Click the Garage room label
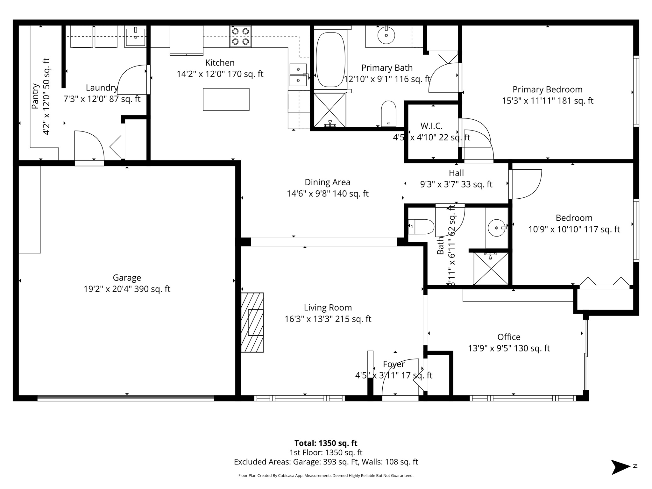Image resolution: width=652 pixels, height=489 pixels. (127, 278)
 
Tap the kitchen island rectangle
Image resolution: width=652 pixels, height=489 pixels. (226, 99)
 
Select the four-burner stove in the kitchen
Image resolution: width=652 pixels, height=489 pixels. (240, 36)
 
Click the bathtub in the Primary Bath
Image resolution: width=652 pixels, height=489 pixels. (330, 60)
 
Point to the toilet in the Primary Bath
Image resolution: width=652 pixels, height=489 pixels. (388, 114)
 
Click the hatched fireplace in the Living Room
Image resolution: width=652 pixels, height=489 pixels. (252, 322)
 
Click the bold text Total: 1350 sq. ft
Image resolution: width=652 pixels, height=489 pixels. (326, 443)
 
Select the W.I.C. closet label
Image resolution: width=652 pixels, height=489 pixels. (431, 126)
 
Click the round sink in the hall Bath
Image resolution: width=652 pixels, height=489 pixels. (497, 228)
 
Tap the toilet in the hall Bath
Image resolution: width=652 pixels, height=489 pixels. (421, 227)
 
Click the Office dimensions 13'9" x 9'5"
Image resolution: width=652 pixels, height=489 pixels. (509, 348)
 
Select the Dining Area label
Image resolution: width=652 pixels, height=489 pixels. (327, 182)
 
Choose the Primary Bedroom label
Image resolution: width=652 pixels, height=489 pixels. (547, 89)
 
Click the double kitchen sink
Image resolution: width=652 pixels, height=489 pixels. (298, 75)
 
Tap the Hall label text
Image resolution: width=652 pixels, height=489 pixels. (456, 173)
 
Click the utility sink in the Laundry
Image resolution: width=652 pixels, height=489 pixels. (135, 37)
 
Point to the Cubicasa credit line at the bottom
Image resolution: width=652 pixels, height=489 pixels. (326, 476)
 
